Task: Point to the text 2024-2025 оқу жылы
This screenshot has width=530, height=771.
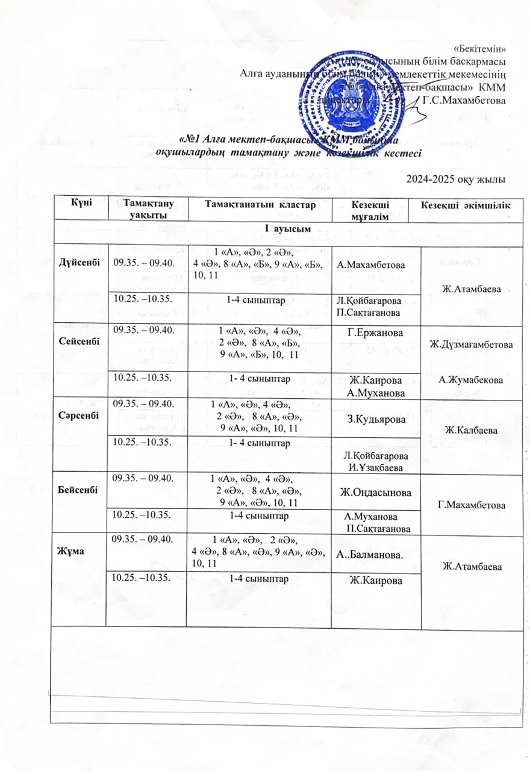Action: [x=456, y=179]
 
